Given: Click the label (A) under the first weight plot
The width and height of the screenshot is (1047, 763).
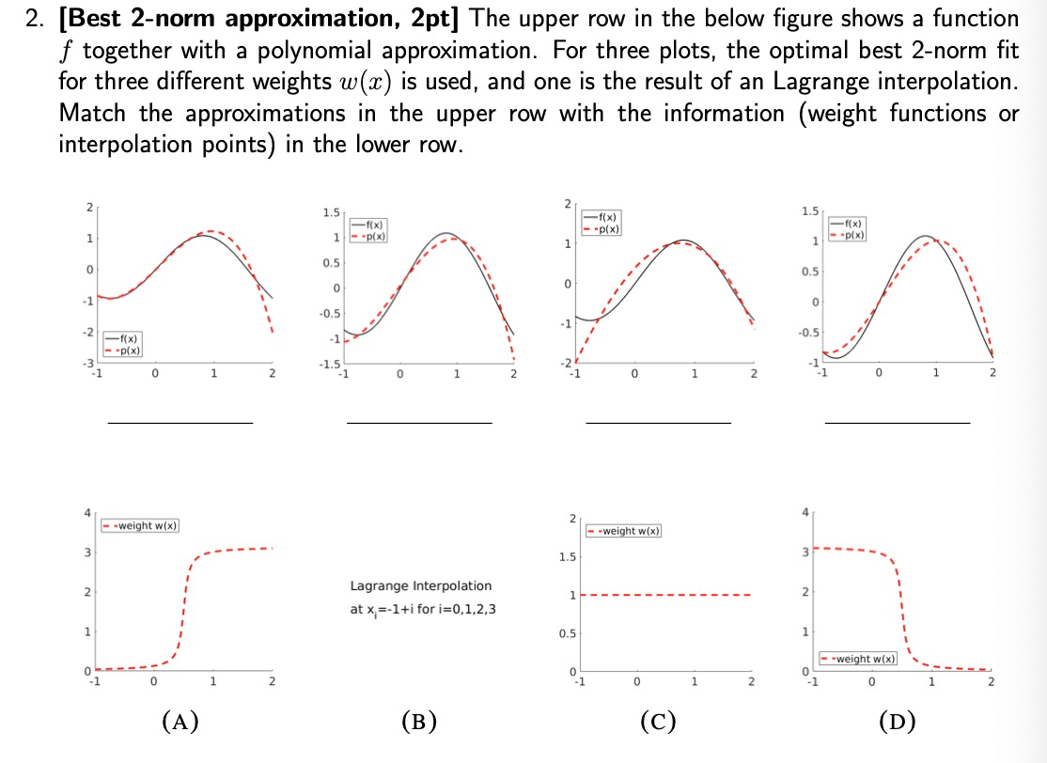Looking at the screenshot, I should coord(180,722).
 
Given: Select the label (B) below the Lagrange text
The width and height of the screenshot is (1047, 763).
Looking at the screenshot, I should coord(418,722).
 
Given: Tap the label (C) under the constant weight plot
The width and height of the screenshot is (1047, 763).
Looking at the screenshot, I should coord(657,722).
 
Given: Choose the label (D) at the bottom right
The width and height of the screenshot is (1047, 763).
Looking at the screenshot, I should coord(896,722).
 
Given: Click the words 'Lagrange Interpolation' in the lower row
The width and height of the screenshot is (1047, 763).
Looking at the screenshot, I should coord(420,585).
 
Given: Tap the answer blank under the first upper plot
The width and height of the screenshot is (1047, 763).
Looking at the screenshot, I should coord(180,423).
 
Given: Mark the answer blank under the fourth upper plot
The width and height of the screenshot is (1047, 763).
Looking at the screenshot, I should coord(897,423).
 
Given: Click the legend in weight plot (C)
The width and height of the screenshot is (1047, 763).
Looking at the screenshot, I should coord(624,532).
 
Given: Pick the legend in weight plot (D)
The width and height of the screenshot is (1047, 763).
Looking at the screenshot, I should coord(859,659).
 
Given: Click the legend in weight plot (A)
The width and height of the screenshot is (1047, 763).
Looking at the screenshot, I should coord(141,525).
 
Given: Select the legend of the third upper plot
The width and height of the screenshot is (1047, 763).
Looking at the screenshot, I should coord(605,223).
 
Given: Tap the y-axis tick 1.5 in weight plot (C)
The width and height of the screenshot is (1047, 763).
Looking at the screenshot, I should coord(564,557).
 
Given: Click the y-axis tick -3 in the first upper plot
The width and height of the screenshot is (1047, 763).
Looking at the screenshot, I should coord(89,364).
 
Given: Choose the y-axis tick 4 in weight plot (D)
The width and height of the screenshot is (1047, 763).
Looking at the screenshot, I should coord(805,512).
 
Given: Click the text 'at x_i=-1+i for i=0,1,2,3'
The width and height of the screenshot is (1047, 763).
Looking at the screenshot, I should coord(423,609).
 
